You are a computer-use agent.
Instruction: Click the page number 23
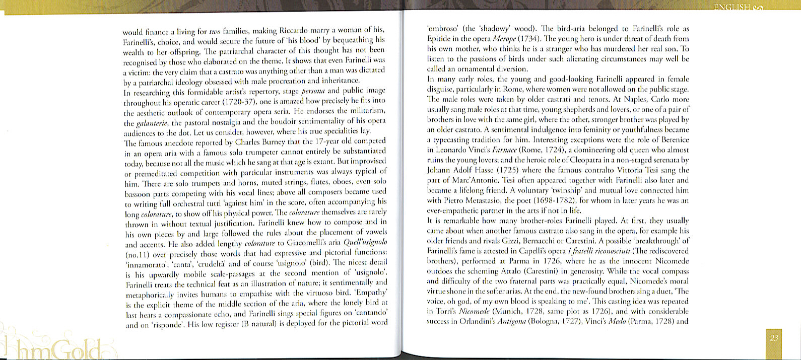[x=774, y=338]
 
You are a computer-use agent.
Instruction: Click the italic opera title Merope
[x=507, y=39]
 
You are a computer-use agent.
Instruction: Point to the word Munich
[x=503, y=312]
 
